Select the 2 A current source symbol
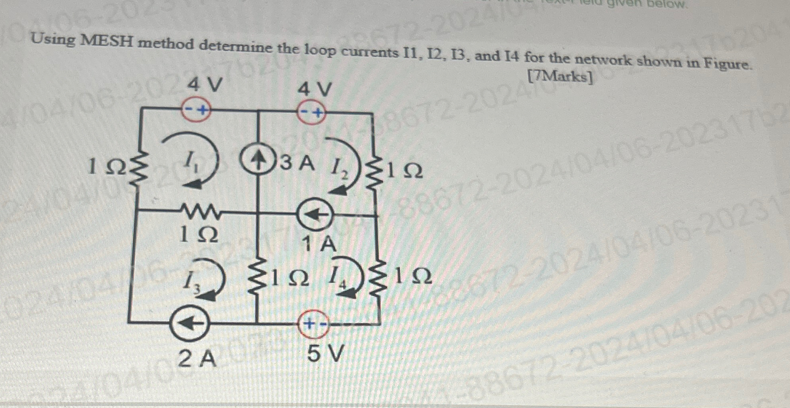[x=189, y=324]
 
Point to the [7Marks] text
[x=560, y=76]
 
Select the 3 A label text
[x=297, y=163]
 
